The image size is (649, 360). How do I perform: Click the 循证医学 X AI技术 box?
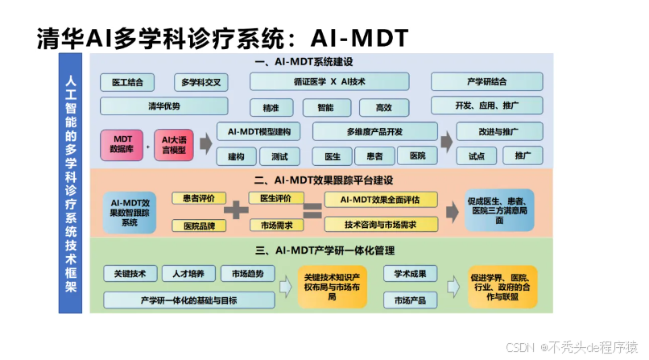[329, 81]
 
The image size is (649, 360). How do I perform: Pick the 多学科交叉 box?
[201, 82]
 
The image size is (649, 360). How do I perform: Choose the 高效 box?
[383, 106]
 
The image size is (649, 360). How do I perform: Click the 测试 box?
[279, 156]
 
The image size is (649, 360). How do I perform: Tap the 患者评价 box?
[198, 198]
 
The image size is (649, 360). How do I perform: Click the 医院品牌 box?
[198, 225]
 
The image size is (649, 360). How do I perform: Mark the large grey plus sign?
[235, 210]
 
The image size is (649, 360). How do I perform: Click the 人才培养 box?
[189, 273]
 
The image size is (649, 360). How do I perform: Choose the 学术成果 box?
[410, 273]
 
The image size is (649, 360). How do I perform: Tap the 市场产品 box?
[410, 300]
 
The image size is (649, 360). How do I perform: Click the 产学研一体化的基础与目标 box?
[190, 300]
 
